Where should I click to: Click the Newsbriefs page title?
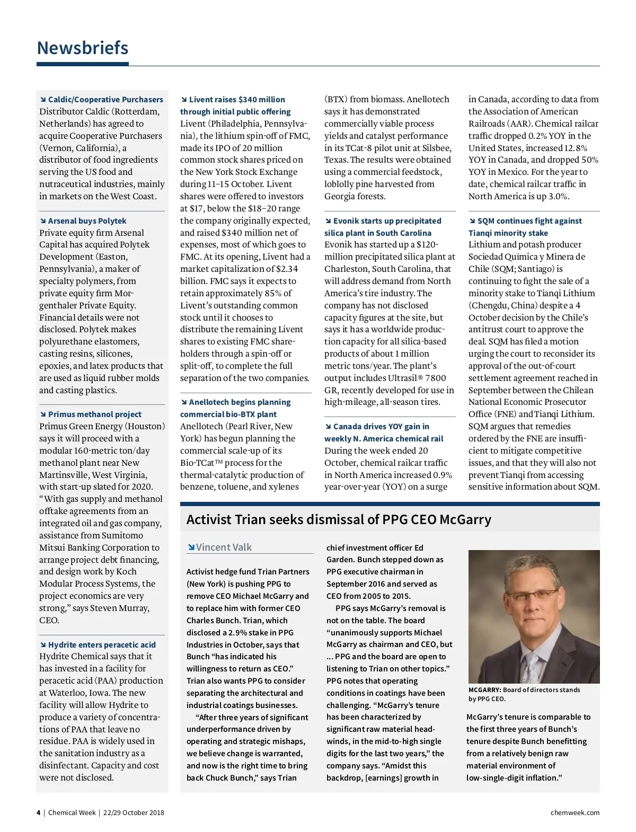tap(83, 48)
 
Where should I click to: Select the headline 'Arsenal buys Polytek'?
tap(87, 221)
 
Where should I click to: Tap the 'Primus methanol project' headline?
tap(94, 414)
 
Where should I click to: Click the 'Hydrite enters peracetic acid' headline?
tap(102, 645)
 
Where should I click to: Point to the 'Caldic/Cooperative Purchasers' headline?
tap(105, 100)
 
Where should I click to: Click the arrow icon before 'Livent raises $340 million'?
tap(184, 100)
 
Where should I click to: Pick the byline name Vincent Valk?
tap(224, 547)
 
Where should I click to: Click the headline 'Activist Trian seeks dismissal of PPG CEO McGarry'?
tap(339, 519)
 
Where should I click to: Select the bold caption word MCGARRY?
tap(484, 690)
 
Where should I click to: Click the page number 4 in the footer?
tap(38, 813)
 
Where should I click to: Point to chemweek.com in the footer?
tap(575, 813)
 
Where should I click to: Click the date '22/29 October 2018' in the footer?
tap(134, 813)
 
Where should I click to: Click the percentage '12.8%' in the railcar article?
tap(576, 148)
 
